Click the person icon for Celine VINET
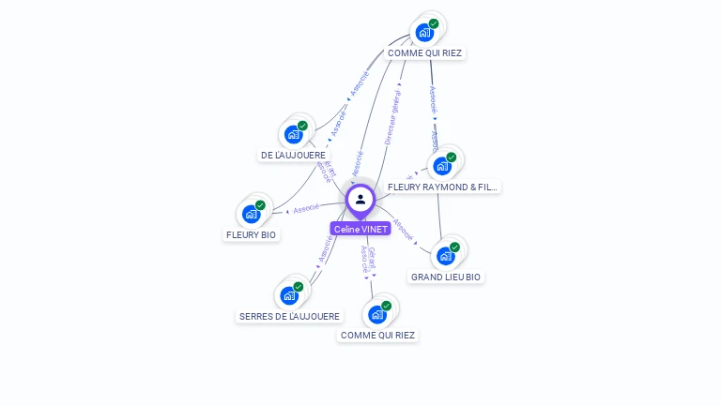[x=360, y=200]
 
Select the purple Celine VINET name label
[x=360, y=229]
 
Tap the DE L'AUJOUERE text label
[x=294, y=156]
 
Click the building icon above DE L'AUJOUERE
[x=294, y=134]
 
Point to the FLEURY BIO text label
[x=252, y=234]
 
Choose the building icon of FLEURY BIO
[x=252, y=214]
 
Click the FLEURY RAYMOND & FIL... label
[x=442, y=187]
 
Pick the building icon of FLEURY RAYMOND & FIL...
[x=442, y=166]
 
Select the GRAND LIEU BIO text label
[x=446, y=277]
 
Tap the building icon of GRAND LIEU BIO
[x=445, y=256]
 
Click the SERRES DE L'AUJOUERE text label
[x=289, y=317]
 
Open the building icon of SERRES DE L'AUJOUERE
[x=289, y=295]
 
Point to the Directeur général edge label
[x=392, y=114]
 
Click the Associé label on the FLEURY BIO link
[x=306, y=208]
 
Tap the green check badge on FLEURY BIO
[x=260, y=205]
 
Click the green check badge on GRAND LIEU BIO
[x=454, y=247]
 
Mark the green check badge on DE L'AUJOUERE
[x=302, y=126]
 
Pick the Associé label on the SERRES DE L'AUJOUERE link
[x=326, y=247]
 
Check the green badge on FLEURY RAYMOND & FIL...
[x=451, y=157]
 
